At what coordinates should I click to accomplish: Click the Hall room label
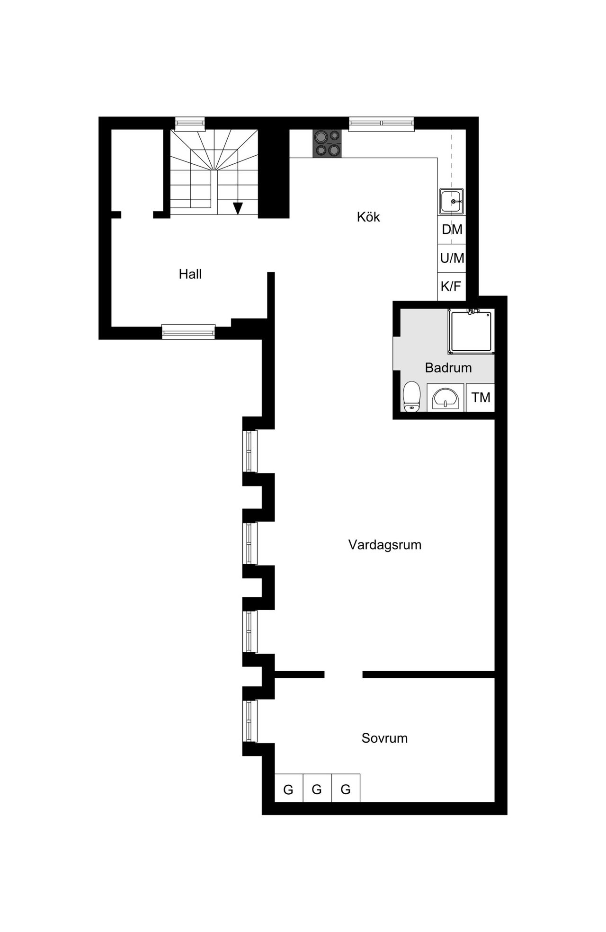tap(190, 274)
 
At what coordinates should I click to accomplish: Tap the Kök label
tap(368, 217)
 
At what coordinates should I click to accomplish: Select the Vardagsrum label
tap(384, 545)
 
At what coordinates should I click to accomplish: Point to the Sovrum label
tap(384, 738)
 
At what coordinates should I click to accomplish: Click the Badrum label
tap(448, 368)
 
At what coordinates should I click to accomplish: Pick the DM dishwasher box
tap(452, 230)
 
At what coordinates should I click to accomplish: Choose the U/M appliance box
tap(452, 258)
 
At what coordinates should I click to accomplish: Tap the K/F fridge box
tap(452, 286)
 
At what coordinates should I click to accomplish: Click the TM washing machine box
tap(481, 397)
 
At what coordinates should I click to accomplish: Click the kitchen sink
tap(451, 201)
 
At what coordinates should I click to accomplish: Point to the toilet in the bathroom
tap(411, 397)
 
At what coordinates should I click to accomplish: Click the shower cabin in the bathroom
tap(472, 332)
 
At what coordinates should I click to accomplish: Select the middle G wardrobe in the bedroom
tap(317, 790)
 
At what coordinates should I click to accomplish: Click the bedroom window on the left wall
tap(250, 721)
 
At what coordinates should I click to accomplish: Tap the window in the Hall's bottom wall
tap(188, 332)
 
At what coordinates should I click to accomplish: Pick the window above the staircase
tap(190, 124)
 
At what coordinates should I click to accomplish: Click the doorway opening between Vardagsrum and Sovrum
tap(344, 675)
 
